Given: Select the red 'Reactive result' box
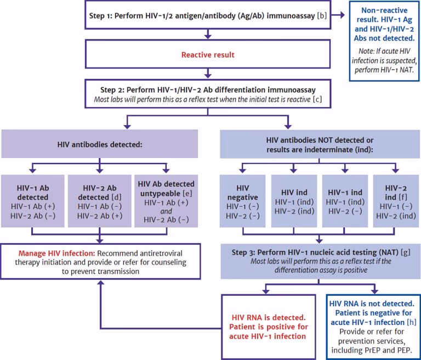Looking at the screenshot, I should pyautogui.click(x=208, y=55).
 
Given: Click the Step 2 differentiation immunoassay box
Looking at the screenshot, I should pyautogui.click(x=208, y=93).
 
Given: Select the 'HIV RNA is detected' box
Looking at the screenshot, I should pyautogui.click(x=267, y=327).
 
